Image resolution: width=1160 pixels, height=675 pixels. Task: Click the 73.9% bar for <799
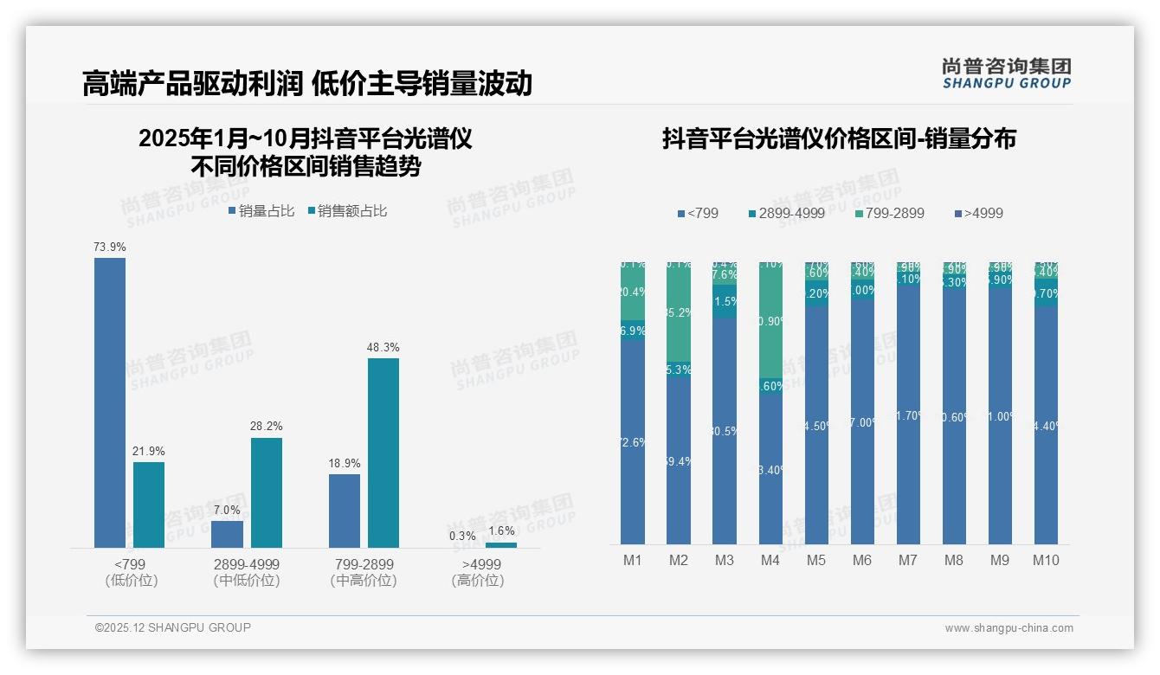(x=110, y=402)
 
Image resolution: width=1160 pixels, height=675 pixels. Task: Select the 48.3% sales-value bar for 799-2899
(x=383, y=453)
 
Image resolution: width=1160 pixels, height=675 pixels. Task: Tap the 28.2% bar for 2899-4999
(x=267, y=492)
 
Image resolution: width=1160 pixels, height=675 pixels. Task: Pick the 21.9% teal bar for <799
(x=149, y=505)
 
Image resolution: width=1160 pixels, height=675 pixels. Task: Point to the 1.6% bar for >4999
(x=501, y=545)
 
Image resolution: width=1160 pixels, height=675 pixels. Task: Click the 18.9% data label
(x=345, y=464)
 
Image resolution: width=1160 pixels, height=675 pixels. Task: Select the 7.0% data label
(x=227, y=511)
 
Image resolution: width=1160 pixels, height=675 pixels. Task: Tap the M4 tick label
(x=770, y=561)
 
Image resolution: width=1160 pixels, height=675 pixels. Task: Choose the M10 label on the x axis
(x=1046, y=561)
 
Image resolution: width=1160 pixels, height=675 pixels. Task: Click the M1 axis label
(x=633, y=561)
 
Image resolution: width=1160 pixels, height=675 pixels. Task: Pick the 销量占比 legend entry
(x=261, y=211)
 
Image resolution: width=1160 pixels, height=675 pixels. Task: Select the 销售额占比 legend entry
(x=346, y=211)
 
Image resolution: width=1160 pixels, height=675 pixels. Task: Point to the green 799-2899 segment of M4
(x=770, y=320)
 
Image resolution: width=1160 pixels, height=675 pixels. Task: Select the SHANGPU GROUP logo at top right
(x=1006, y=74)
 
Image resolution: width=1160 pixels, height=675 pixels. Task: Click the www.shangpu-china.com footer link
(x=1009, y=628)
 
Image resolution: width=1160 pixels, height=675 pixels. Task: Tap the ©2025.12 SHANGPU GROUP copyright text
(x=173, y=627)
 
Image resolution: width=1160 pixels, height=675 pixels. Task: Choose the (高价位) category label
(x=478, y=581)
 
